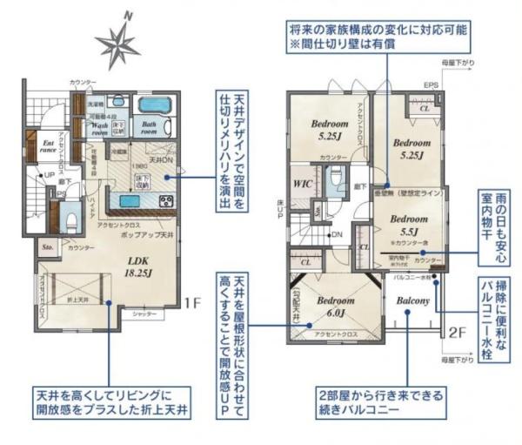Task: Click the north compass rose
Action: (x=120, y=44)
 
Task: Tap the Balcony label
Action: (x=413, y=301)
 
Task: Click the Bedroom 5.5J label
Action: (x=409, y=226)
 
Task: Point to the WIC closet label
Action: (x=304, y=185)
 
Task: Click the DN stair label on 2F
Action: (x=337, y=235)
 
